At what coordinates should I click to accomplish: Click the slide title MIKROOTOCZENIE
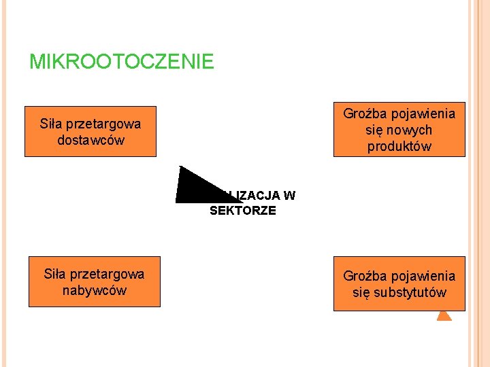(x=121, y=63)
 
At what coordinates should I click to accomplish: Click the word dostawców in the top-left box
(x=91, y=141)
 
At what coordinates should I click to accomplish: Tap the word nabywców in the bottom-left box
(x=94, y=291)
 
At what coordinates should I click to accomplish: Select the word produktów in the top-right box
(x=399, y=146)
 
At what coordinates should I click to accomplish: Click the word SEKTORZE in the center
(x=243, y=211)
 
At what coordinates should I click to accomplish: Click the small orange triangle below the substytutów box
(x=444, y=315)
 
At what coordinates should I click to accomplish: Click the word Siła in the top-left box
(x=51, y=124)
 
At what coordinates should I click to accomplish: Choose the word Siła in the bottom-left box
(x=55, y=274)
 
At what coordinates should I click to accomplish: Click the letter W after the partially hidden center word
(x=289, y=196)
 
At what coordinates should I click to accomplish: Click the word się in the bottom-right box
(x=361, y=293)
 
